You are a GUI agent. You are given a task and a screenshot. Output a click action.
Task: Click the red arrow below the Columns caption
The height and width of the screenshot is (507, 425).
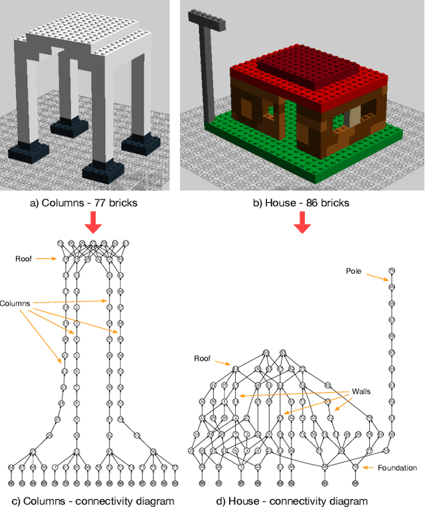pyautogui.click(x=94, y=224)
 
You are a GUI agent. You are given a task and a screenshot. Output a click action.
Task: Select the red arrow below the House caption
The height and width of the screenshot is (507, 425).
pyautogui.click(x=302, y=224)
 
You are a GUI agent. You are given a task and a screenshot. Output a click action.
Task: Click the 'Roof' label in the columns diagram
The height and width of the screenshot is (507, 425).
pyautogui.click(x=23, y=259)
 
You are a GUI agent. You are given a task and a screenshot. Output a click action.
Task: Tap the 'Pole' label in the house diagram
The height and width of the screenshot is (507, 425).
pyautogui.click(x=355, y=271)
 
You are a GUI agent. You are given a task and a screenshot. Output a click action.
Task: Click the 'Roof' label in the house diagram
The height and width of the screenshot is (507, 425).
pyautogui.click(x=202, y=359)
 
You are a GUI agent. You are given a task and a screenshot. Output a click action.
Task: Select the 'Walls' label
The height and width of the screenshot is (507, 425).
pyautogui.click(x=361, y=391)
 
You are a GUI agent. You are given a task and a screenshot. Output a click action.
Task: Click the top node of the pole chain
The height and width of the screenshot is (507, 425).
pyautogui.click(x=392, y=270)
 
